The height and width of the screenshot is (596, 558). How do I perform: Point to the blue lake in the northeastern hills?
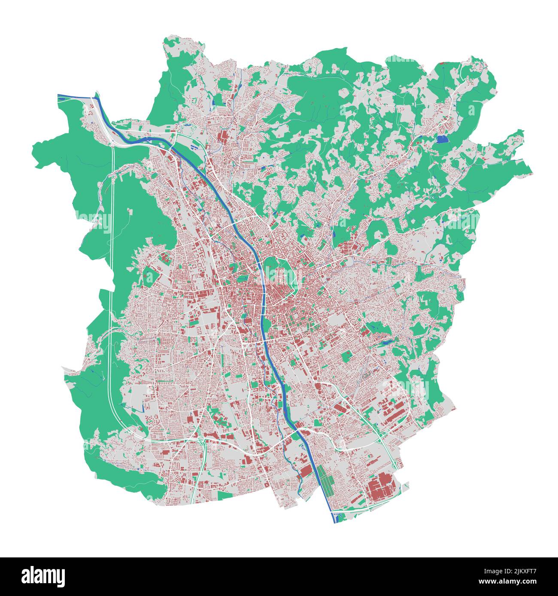[x=441, y=139]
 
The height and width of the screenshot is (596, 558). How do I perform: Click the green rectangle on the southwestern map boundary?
[x=224, y=495]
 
